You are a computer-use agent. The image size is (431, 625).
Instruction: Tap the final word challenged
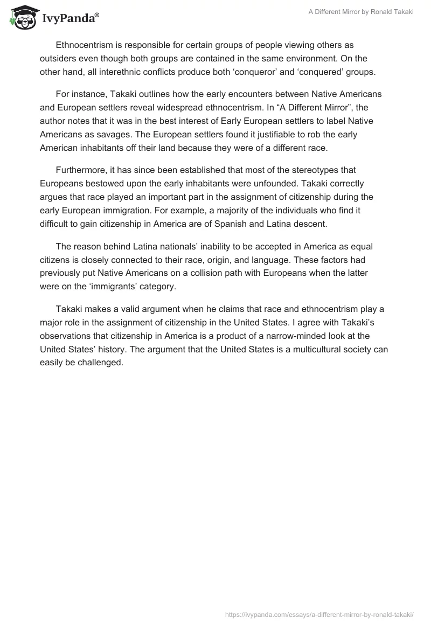click(x=101, y=363)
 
